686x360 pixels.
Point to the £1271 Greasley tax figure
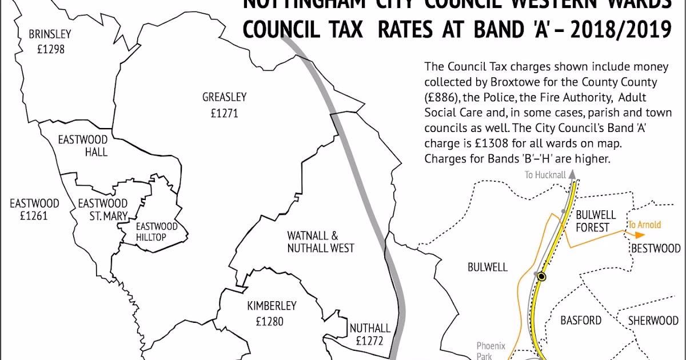224,113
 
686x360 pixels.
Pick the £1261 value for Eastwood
34,217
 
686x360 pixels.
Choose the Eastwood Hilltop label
157,231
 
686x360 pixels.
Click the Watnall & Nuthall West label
321,242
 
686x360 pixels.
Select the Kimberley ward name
272,306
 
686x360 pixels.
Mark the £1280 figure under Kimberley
270,321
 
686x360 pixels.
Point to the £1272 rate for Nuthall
370,342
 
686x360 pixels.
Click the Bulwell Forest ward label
596,221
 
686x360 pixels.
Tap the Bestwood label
655,249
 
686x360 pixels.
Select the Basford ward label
581,320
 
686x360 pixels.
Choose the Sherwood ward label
653,320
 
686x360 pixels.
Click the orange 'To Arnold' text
644,225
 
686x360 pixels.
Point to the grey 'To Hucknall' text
545,175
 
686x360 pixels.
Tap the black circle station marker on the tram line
541,277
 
